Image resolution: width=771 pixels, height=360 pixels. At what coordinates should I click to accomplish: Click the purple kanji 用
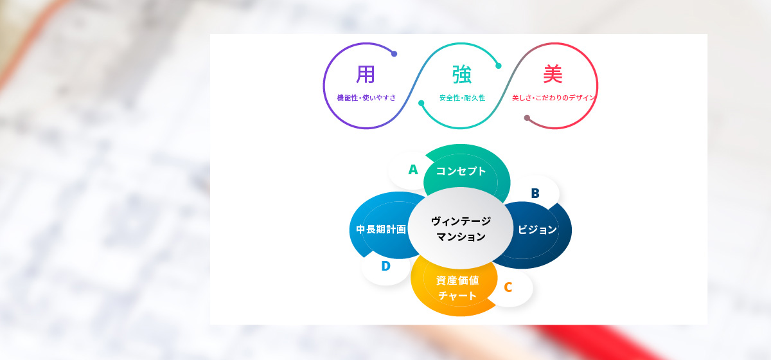[365, 74]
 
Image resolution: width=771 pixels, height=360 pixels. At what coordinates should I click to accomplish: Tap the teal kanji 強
[461, 75]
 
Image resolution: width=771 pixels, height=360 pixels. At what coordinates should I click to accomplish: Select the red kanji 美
[553, 74]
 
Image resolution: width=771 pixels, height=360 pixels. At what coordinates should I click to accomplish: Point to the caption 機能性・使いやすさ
[366, 98]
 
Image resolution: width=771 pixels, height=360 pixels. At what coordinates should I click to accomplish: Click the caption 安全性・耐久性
[462, 98]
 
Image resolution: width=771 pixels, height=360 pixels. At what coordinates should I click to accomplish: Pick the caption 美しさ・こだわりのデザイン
[553, 98]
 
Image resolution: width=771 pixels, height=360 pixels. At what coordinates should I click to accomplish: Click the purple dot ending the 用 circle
[394, 54]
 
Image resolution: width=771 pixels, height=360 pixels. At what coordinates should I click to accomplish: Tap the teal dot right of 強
[499, 66]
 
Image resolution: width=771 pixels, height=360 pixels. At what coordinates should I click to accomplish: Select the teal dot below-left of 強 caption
[421, 103]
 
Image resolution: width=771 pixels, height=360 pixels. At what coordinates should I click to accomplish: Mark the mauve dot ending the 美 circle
[527, 118]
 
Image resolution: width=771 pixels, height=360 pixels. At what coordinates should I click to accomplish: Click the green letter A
[413, 170]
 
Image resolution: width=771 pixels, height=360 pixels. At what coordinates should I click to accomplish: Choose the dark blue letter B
[535, 194]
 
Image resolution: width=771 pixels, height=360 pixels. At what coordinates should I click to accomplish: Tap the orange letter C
[508, 287]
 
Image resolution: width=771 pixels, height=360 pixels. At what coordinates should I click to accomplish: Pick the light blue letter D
[386, 266]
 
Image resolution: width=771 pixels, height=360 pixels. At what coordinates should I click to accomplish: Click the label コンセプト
[461, 171]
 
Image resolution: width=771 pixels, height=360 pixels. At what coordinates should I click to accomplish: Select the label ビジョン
[537, 229]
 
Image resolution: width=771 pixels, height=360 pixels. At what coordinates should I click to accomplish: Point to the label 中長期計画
[381, 229]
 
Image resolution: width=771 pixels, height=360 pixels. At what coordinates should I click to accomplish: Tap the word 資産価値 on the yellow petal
[457, 280]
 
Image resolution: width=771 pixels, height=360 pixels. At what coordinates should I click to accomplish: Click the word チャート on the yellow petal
[457, 296]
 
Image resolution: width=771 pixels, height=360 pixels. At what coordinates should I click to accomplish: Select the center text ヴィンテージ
[461, 221]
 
